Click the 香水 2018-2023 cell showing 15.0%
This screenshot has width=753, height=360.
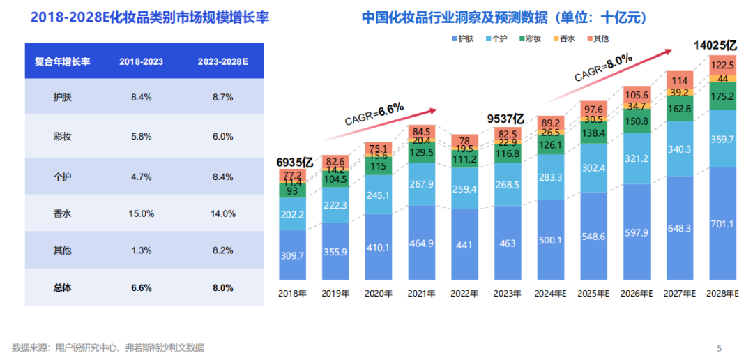[141, 213]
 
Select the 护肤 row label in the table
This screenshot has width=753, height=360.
[62, 97]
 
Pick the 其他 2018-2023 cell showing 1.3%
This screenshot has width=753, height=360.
[141, 250]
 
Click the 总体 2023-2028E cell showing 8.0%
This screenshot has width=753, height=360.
[223, 287]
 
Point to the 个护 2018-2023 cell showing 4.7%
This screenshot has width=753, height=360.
[141, 177]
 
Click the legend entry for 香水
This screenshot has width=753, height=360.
[563, 39]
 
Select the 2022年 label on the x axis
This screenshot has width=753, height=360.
[464, 294]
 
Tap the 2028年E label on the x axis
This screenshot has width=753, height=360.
[722, 294]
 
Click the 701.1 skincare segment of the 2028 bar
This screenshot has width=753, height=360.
[722, 224]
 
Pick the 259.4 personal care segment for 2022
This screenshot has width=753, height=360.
[464, 188]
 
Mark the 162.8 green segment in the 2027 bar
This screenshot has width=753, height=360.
[679, 109]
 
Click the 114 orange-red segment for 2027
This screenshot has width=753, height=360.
[679, 80]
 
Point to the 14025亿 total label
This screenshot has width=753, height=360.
[715, 45]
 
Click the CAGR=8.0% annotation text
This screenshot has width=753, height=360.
[603, 68]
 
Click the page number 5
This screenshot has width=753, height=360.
[720, 347]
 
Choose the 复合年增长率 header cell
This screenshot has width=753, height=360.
[62, 61]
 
